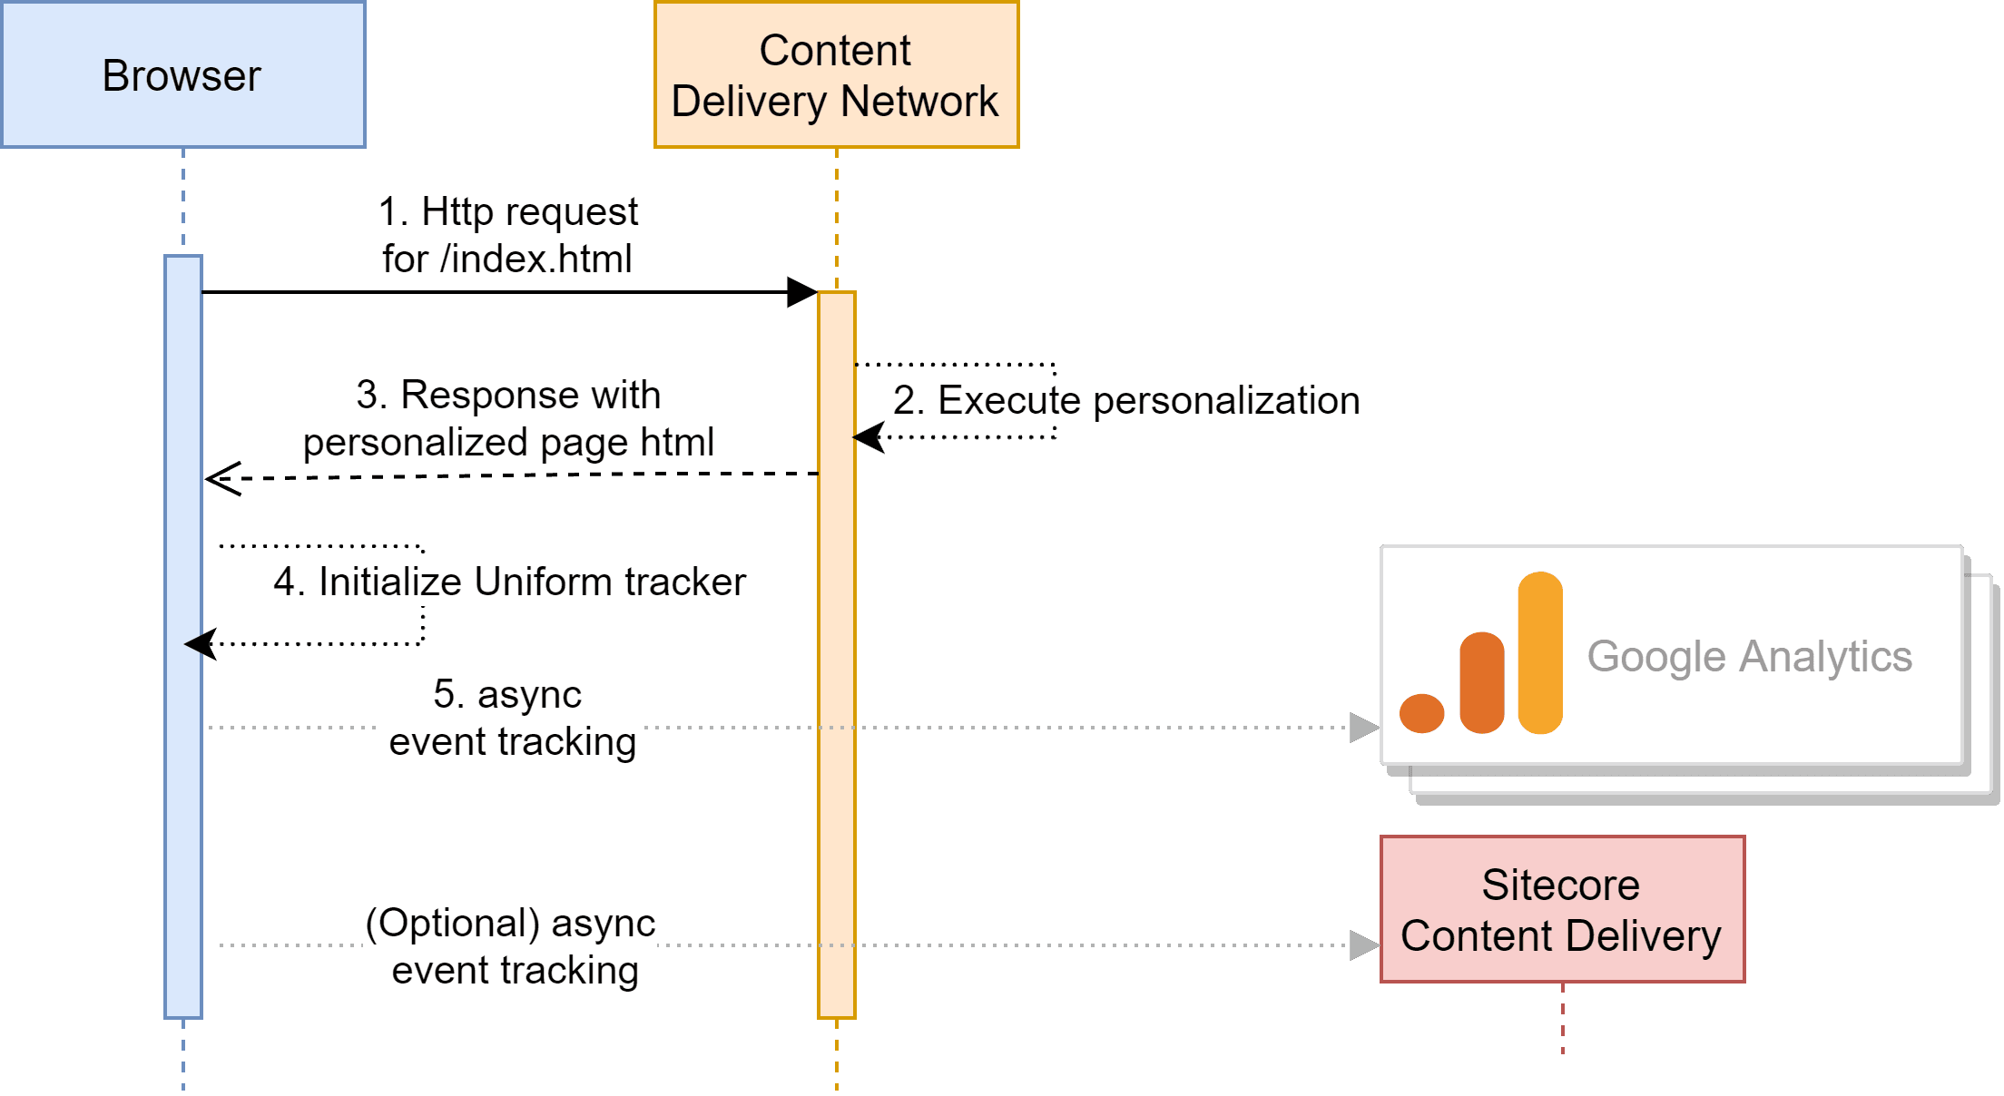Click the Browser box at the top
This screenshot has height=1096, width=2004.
tap(182, 74)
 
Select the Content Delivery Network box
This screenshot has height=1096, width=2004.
tap(835, 74)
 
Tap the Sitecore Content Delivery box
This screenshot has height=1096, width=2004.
tap(1561, 909)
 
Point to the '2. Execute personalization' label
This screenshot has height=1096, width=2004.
tap(1126, 400)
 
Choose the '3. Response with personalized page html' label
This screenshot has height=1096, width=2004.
tap(512, 419)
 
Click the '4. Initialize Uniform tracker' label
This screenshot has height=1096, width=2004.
tap(509, 582)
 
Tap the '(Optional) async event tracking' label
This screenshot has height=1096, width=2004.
tap(509, 945)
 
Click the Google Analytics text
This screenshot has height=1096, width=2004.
tap(1749, 656)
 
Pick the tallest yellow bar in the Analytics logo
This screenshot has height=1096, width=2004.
tap(1539, 653)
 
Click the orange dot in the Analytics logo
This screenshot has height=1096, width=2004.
tap(1421, 713)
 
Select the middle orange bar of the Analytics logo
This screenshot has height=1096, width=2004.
tap(1481, 682)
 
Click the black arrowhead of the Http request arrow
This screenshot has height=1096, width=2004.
tap(802, 292)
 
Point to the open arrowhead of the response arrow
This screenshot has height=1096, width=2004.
tap(221, 478)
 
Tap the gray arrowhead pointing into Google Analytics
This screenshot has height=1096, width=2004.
tap(1364, 728)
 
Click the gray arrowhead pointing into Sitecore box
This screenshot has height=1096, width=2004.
tap(1364, 945)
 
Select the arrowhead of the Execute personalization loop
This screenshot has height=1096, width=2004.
tap(868, 437)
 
